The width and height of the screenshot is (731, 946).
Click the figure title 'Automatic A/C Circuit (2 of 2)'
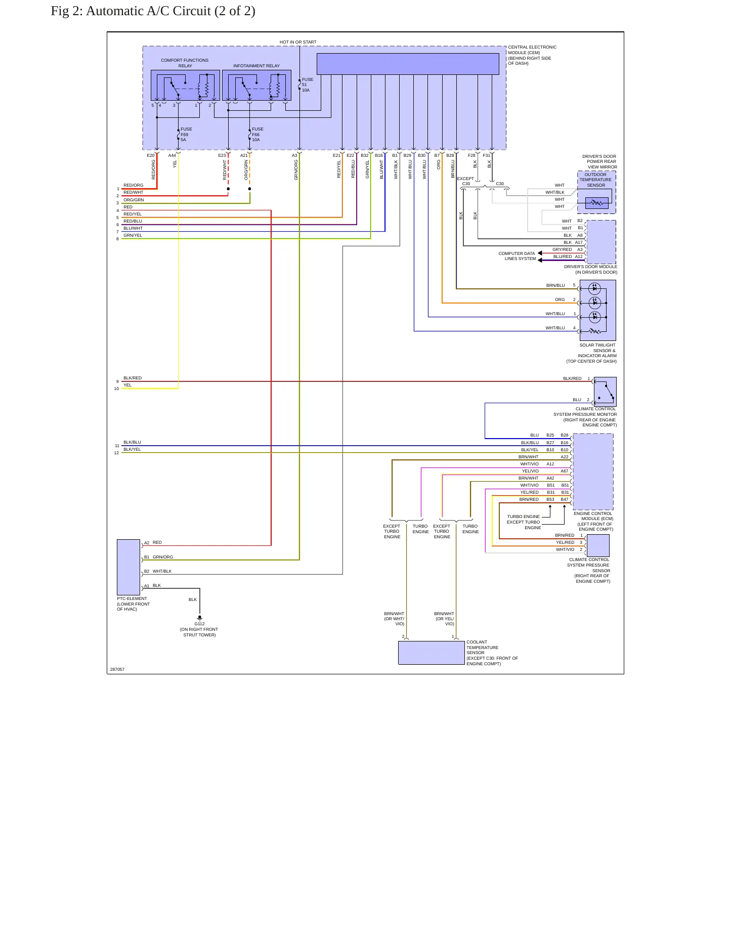[170, 11]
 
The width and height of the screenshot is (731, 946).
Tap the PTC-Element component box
[128, 567]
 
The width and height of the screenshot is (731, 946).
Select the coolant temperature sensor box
[432, 653]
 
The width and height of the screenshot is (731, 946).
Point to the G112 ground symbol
[200, 618]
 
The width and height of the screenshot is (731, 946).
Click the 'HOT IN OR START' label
[298, 42]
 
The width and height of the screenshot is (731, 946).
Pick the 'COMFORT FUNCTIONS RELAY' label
[185, 63]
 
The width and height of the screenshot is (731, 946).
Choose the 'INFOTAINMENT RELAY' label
[256, 66]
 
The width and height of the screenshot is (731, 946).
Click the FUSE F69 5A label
[186, 135]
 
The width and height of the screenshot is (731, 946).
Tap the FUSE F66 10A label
[257, 135]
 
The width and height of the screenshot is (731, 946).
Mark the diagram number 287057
[117, 669]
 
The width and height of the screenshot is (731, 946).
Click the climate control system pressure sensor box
[598, 545]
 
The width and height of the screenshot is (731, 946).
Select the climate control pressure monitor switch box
[605, 392]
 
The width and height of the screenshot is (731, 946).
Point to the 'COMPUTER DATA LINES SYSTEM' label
[517, 256]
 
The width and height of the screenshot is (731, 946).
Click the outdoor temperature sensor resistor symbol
[597, 203]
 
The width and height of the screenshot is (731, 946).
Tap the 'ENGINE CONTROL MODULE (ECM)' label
[593, 516]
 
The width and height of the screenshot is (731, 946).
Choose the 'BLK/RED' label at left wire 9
[133, 378]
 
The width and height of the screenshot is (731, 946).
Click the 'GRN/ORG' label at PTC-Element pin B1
[163, 557]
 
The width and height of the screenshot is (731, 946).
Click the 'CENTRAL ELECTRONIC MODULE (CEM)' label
[532, 50]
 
